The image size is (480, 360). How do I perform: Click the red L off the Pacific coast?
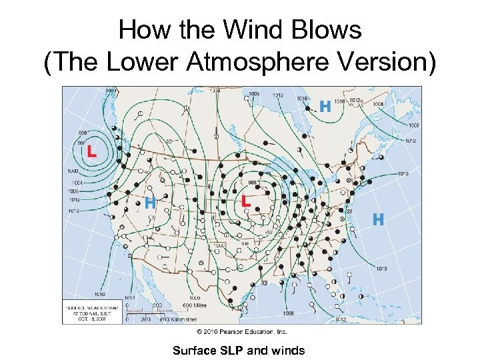91,151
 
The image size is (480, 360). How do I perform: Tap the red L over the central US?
246,200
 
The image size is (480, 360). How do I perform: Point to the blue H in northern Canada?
325,106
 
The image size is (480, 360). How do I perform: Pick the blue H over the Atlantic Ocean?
378,219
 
